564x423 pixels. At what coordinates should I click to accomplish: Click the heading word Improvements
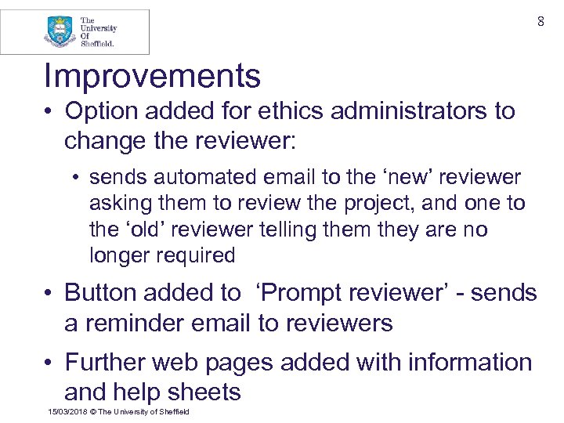pyautogui.click(x=152, y=77)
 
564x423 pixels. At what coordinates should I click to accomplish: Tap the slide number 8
pyautogui.click(x=540, y=22)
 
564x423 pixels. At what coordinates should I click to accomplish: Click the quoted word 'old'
pyautogui.click(x=143, y=230)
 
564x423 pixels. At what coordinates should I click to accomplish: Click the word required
pyautogui.click(x=196, y=255)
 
